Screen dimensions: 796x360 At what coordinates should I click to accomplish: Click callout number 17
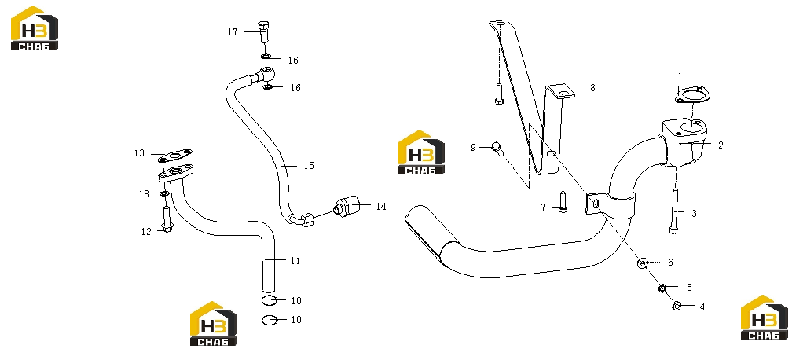[233, 32]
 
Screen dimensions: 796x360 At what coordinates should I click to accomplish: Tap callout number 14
[381, 207]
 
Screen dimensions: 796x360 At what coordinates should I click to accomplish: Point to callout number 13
[140, 153]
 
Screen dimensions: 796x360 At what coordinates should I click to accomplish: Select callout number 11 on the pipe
[295, 261]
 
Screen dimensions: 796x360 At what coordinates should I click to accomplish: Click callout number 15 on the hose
[309, 166]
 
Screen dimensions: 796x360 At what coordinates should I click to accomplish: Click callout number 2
[721, 145]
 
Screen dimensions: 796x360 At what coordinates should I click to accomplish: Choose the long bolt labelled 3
[675, 211]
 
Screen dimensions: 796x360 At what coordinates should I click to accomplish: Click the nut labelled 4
[677, 306]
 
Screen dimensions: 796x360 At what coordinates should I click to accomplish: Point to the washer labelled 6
[643, 263]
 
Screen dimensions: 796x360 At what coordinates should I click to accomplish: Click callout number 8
[592, 88]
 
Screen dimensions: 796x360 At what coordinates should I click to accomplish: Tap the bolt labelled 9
[498, 149]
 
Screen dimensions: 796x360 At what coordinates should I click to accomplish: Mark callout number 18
[144, 193]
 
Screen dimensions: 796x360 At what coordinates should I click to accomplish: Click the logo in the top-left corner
[35, 28]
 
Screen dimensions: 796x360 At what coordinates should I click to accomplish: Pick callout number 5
[689, 288]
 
